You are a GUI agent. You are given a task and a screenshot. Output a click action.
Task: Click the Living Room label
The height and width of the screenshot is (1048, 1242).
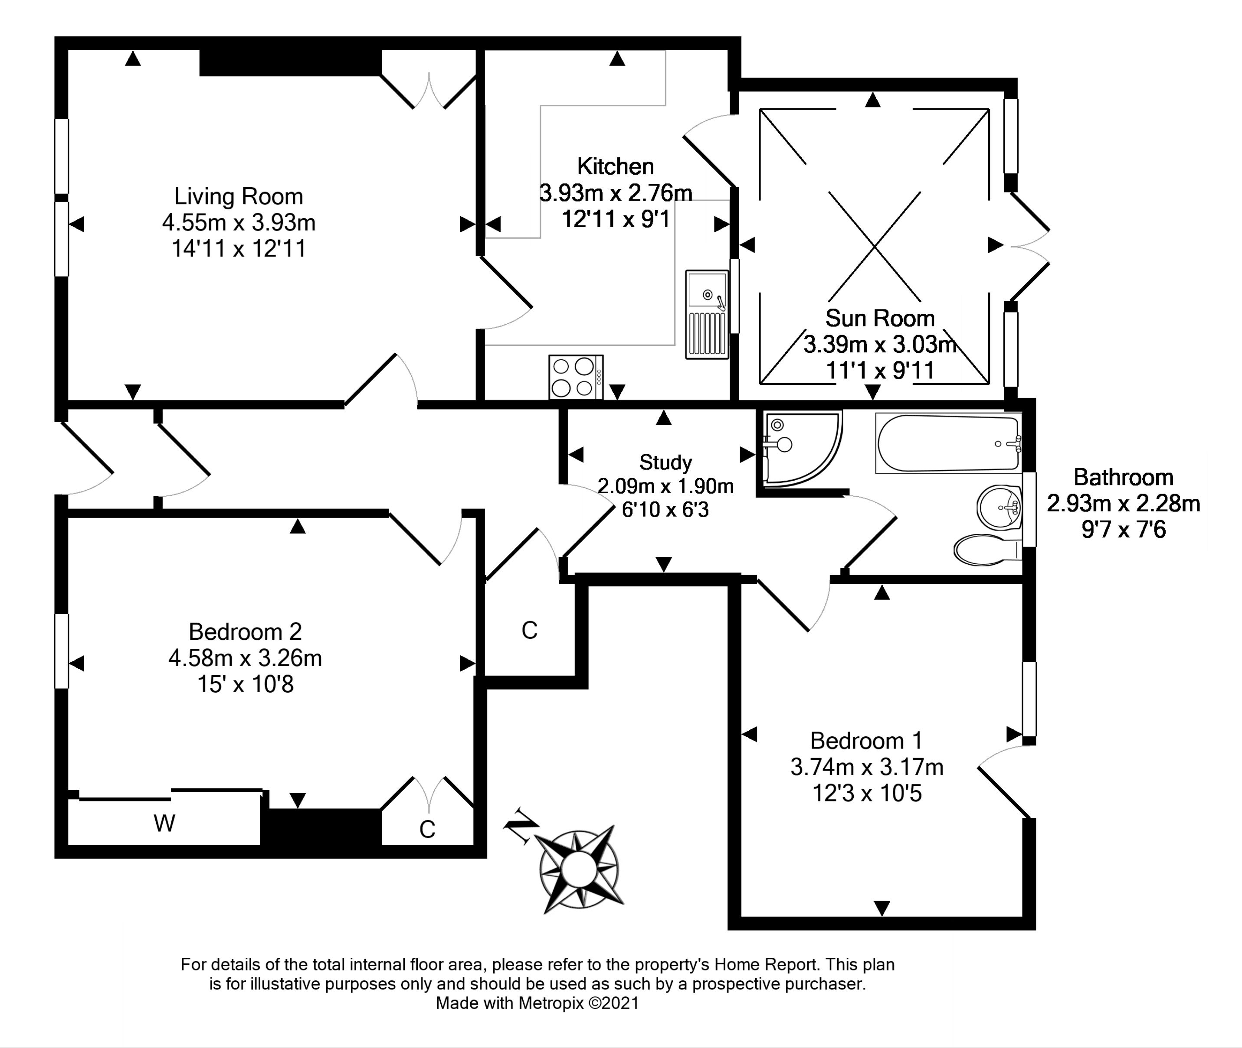[239, 197]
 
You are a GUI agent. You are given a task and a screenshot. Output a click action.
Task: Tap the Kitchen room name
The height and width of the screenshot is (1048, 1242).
[615, 166]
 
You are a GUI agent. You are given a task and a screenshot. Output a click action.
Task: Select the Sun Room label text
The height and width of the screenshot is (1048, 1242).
[879, 319]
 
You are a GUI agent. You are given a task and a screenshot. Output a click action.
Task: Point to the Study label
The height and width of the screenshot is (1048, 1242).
[665, 462]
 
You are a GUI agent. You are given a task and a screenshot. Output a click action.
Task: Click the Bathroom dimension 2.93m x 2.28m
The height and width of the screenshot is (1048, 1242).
[1123, 504]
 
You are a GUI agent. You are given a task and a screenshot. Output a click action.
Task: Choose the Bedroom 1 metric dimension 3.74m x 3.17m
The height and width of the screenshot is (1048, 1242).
[866, 767]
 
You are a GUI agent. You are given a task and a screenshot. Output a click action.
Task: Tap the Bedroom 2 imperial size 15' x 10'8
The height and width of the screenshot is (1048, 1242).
[245, 684]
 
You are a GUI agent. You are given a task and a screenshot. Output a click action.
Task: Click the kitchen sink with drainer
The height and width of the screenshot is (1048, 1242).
[707, 314]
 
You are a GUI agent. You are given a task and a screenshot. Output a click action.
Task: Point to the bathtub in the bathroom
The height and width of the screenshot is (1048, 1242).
[948, 444]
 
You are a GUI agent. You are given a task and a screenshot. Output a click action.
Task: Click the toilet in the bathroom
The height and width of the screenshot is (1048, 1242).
[984, 549]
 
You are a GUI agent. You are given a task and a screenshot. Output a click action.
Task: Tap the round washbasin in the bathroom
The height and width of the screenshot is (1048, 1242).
[999, 507]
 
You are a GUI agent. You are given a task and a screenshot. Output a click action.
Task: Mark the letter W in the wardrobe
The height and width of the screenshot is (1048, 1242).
[164, 823]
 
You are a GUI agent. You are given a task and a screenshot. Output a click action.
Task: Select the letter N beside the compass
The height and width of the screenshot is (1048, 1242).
[521, 825]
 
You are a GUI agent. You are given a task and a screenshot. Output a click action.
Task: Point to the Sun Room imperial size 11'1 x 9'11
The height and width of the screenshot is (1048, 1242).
[879, 371]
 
